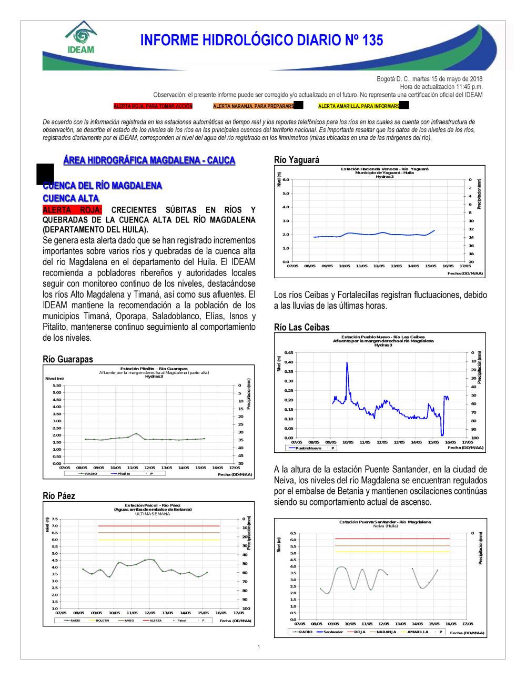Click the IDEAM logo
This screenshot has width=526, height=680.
tap(81, 38)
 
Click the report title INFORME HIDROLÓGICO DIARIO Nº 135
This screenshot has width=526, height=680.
tap(261, 40)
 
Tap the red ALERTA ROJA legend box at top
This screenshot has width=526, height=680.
tap(153, 106)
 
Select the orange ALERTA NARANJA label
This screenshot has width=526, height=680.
tap(254, 106)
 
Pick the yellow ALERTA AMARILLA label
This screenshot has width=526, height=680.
tap(359, 106)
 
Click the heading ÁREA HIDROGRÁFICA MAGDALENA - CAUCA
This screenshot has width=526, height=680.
tap(149, 160)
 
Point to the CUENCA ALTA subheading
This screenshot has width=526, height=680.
tap(71, 198)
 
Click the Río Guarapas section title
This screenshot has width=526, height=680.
tap(68, 359)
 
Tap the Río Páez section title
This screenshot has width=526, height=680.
tap(59, 496)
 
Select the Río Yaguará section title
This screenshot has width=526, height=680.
tap(297, 160)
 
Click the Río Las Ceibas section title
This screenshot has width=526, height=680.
tap(302, 327)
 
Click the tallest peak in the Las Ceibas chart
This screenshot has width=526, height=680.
tap(347, 363)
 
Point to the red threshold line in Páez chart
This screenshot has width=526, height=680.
tap(158, 526)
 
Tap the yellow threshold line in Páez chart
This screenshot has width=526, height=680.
tap(158, 540)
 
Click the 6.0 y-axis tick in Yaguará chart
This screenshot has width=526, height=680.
tap(286, 180)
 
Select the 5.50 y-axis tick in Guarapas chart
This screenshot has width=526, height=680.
tap(57, 385)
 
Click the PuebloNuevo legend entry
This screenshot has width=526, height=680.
tap(308, 448)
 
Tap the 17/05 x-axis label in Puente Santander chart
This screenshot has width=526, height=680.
tap(468, 624)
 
